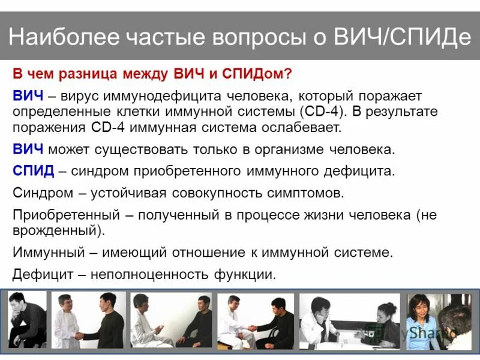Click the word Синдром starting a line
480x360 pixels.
pyautogui.click(x=38, y=193)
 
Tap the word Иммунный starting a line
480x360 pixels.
pyautogui.click(x=42, y=253)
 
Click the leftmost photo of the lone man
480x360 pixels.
pyautogui.click(x=26, y=320)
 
